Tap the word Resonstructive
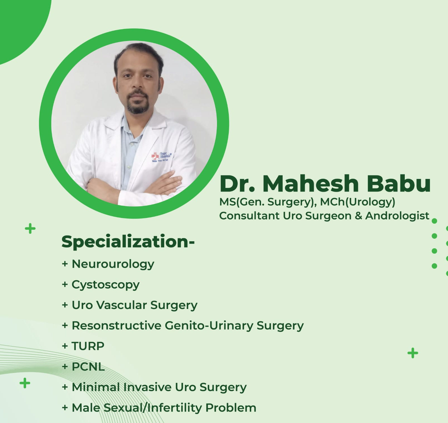point(116,326)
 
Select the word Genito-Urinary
point(209,326)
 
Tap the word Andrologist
point(397,216)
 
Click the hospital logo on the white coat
point(161,157)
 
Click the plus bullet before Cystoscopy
point(65,284)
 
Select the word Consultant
point(249,216)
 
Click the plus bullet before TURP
point(65,346)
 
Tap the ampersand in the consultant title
point(358,216)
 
